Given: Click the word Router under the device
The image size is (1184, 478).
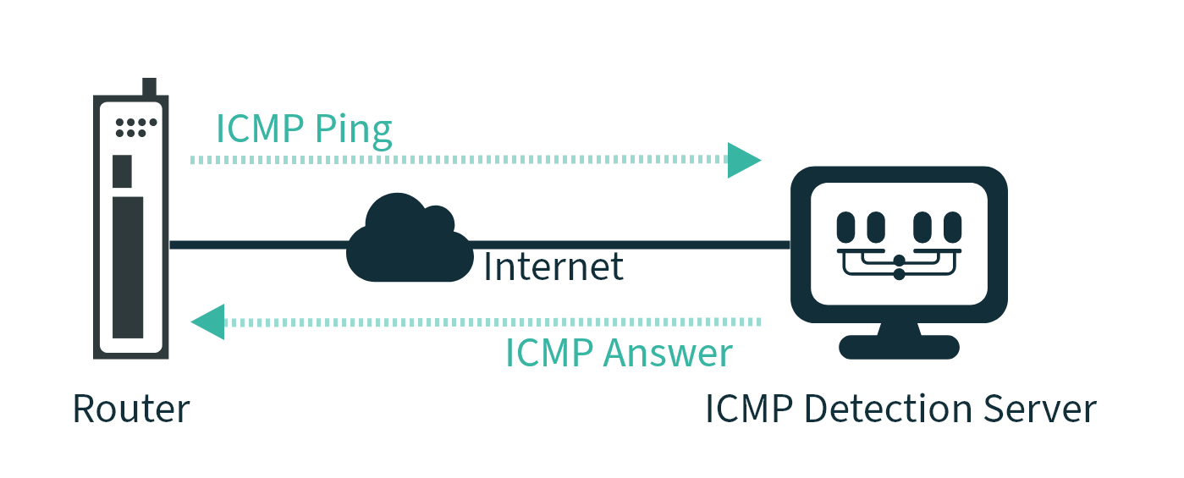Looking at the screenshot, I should [x=131, y=409].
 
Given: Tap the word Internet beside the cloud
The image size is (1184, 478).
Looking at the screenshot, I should [x=553, y=266].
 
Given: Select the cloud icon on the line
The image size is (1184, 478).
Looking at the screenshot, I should [x=409, y=242].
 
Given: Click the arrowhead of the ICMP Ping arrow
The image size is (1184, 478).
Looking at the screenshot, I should [x=744, y=159].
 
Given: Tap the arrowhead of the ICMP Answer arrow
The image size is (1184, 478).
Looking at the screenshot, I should [x=208, y=321].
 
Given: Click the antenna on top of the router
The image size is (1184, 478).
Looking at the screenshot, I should [x=150, y=87].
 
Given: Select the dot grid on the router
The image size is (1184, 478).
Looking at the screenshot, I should [x=135, y=127].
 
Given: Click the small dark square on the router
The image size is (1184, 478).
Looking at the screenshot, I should [x=123, y=171].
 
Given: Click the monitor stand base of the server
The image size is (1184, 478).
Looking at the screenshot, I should [x=899, y=347].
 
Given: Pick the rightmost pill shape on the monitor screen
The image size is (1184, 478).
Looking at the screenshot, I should [x=952, y=227].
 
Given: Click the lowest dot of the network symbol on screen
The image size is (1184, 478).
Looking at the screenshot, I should [x=899, y=274].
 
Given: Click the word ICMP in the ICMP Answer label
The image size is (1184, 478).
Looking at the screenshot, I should [x=549, y=353].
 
